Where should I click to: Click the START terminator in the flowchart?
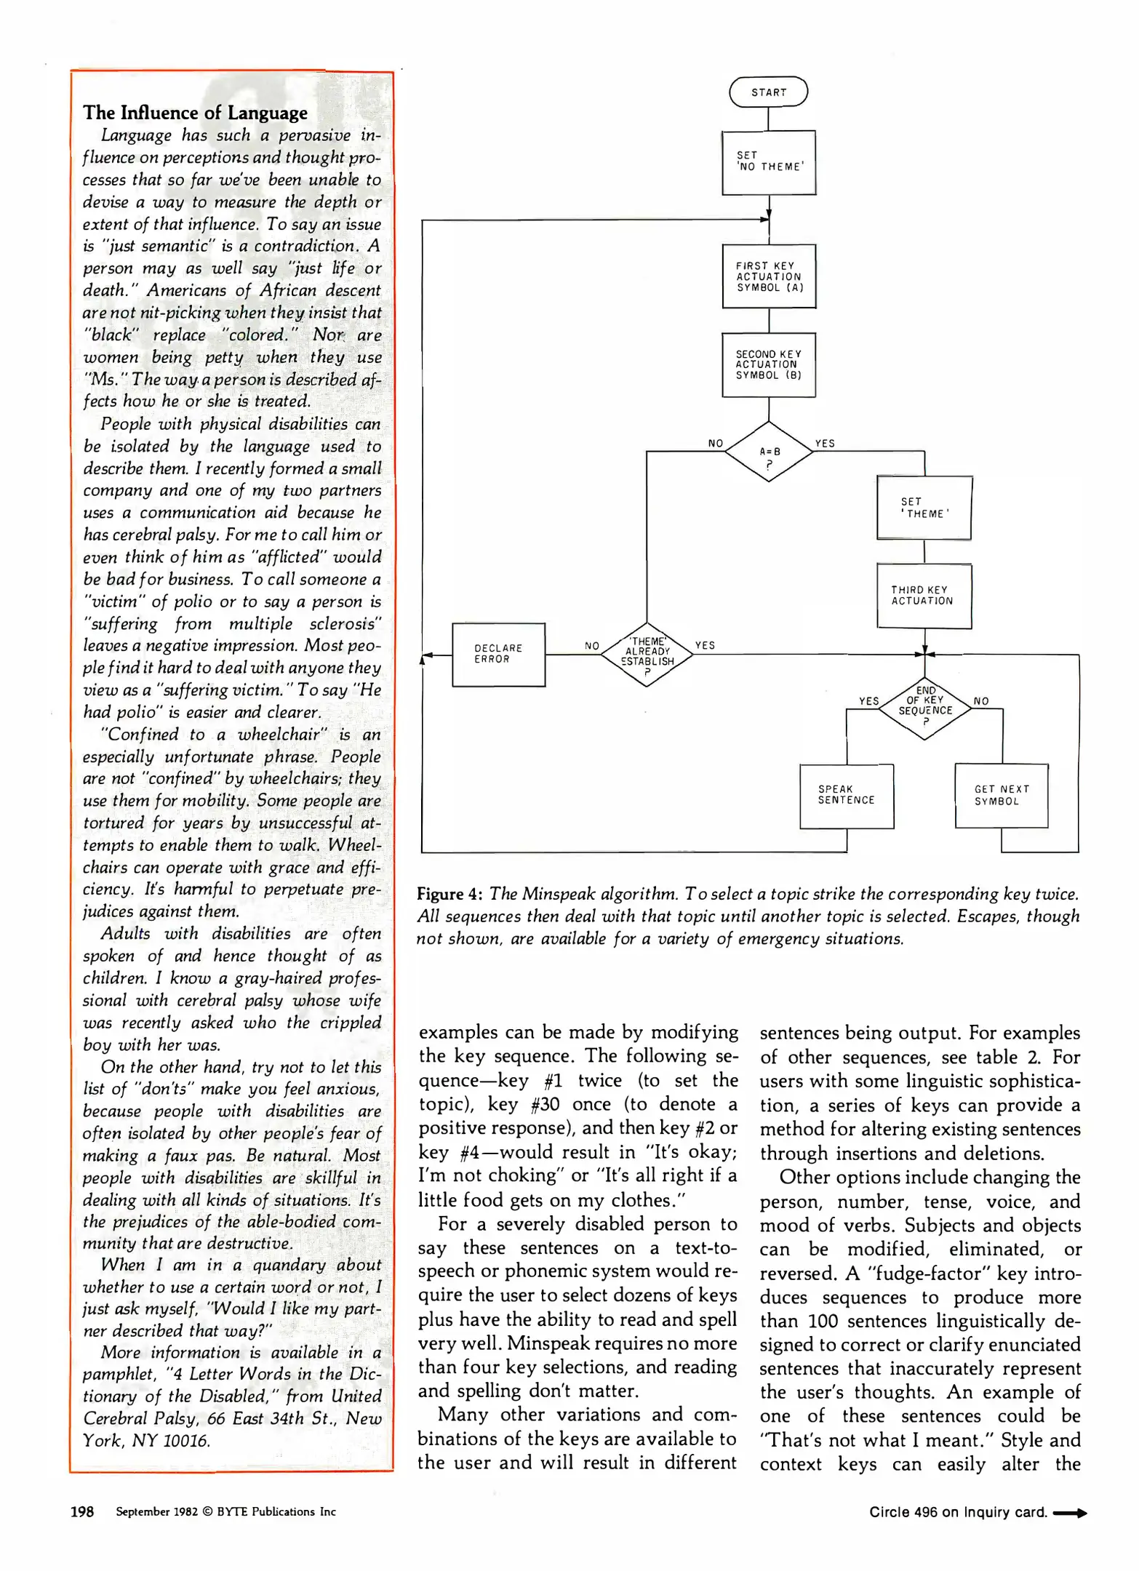(x=768, y=92)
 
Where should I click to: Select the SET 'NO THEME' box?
(x=768, y=162)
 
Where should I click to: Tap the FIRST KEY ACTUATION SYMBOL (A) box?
(x=768, y=276)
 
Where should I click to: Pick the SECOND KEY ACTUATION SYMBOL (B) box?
(x=768, y=364)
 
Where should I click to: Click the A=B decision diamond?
(x=769, y=452)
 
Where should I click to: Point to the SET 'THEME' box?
(x=924, y=508)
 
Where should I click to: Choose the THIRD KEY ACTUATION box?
(x=924, y=596)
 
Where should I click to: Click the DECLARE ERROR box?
(x=498, y=654)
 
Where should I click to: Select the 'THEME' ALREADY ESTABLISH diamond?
(x=647, y=654)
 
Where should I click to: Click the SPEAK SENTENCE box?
(x=846, y=795)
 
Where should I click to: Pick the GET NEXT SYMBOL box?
(x=1001, y=795)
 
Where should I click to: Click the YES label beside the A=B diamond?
(x=825, y=444)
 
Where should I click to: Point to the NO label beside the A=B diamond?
(x=716, y=444)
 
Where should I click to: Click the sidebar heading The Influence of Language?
(x=195, y=113)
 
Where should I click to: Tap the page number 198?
(x=81, y=1511)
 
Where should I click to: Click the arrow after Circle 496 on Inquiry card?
(x=1069, y=1513)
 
